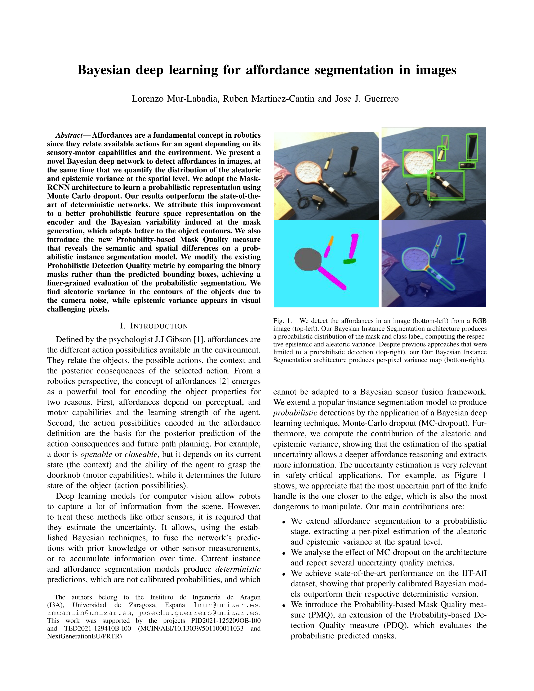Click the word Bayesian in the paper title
coord(104,70)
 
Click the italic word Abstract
coord(69,136)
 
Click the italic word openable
coord(96,454)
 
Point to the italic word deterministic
coord(238,569)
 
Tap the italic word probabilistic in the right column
coord(295,413)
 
